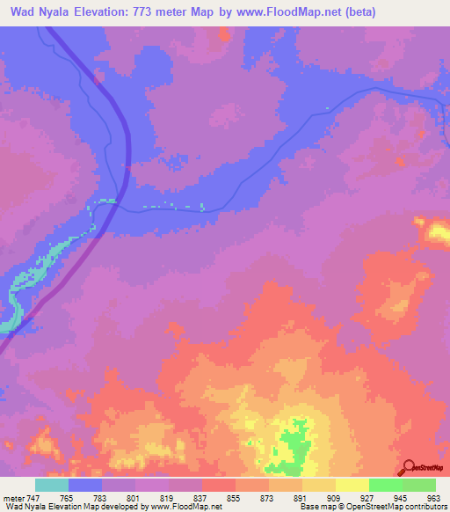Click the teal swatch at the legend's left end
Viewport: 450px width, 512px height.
(52, 484)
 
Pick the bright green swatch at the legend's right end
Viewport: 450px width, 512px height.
(419, 484)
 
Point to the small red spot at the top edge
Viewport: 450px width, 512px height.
(223, 34)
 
